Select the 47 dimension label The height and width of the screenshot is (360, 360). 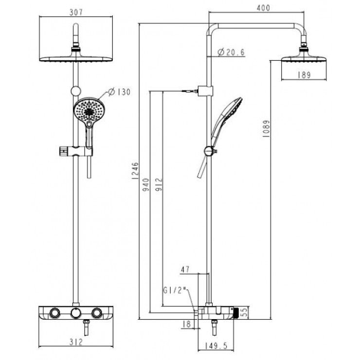click(186, 268)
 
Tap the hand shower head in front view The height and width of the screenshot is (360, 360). click(89, 111)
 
